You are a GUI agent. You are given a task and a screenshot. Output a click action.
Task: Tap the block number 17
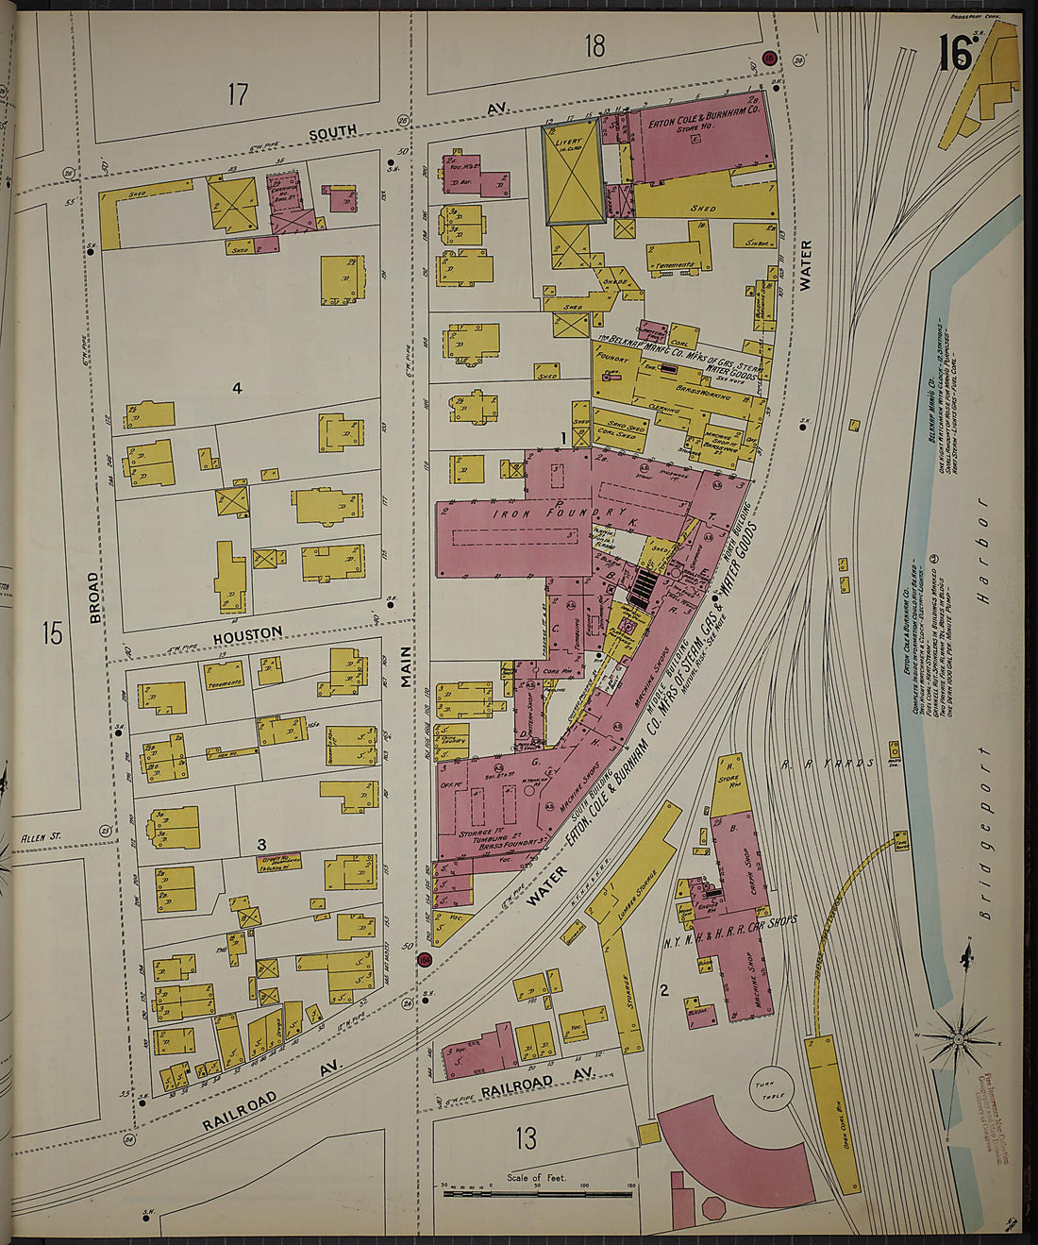(x=238, y=93)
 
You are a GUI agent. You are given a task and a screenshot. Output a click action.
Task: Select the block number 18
(x=594, y=45)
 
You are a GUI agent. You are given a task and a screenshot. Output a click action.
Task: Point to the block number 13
(x=526, y=1138)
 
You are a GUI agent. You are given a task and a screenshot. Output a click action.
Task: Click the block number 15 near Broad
(x=52, y=632)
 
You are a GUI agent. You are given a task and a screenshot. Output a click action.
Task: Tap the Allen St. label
(x=42, y=836)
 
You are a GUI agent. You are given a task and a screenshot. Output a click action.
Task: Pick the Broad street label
(x=94, y=598)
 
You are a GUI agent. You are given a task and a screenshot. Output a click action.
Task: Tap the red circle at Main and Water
(x=425, y=960)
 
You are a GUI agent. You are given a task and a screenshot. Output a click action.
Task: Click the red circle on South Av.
(x=769, y=59)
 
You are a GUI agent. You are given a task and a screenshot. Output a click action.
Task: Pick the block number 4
(x=238, y=387)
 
